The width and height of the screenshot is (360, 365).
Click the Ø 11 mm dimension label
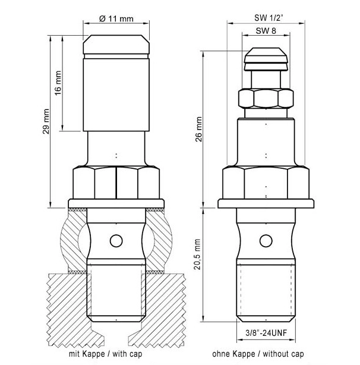pyautogui.click(x=116, y=18)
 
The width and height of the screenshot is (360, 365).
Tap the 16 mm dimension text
pyautogui.click(x=58, y=83)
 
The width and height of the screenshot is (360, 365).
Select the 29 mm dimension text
pyautogui.click(x=46, y=121)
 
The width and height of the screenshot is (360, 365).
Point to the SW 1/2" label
pyautogui.click(x=269, y=18)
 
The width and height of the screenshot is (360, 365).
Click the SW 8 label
pyautogui.click(x=266, y=31)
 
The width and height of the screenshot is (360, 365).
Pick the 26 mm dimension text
pyautogui.click(x=199, y=130)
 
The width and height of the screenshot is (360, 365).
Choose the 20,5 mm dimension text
pyautogui.click(x=197, y=254)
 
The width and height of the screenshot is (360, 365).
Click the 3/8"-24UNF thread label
pyautogui.click(x=266, y=333)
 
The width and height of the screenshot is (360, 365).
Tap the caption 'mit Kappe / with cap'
pyautogui.click(x=105, y=354)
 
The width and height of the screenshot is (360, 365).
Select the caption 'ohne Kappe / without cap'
pyautogui.click(x=258, y=354)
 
